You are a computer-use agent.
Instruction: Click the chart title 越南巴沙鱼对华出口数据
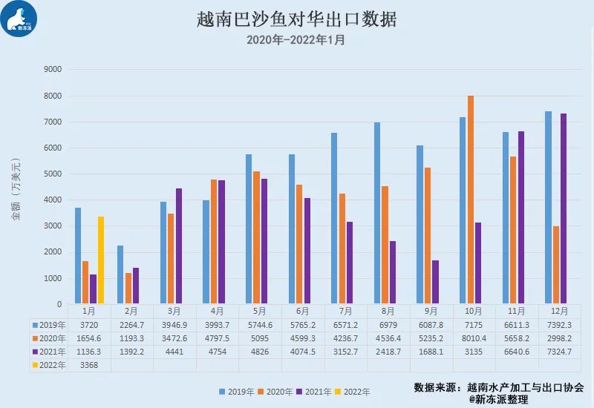[297, 19]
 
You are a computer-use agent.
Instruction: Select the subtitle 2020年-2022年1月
[296, 40]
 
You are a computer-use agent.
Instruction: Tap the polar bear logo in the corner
[20, 20]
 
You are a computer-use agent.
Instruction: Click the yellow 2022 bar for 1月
[101, 260]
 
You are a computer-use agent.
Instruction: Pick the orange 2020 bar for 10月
[471, 200]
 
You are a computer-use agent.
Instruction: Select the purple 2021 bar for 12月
[564, 208]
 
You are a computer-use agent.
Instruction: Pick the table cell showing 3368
[89, 364]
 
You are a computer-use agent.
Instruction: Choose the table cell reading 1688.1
[431, 351]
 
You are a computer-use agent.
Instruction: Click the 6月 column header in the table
[303, 311]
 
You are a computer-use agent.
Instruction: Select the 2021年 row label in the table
[48, 351]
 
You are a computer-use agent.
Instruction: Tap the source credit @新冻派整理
[498, 399]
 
